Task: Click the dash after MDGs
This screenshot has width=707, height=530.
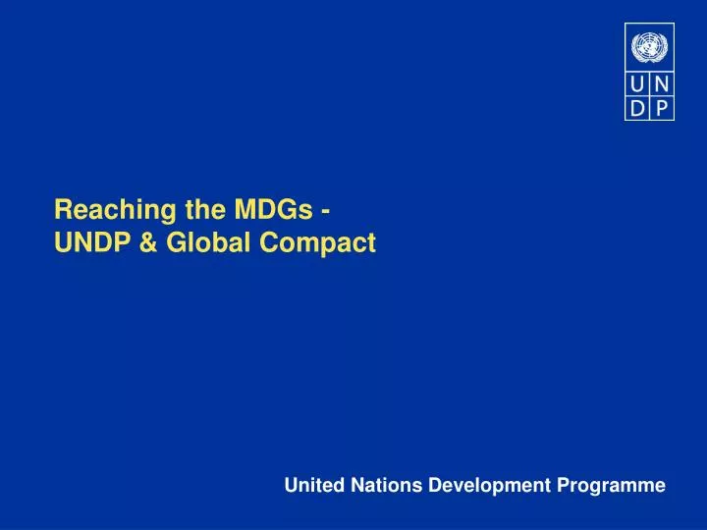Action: coord(324,210)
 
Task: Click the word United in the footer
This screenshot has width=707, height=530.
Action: coord(309,485)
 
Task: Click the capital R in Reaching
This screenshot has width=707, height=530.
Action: coord(61,209)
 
